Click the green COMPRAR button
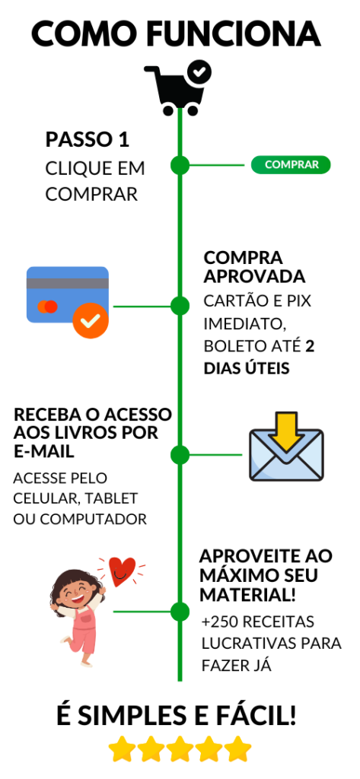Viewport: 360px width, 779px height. tap(291, 165)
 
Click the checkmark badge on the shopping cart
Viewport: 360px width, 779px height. tap(199, 72)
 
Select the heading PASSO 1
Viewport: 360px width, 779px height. tap(88, 140)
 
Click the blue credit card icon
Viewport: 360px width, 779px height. tap(68, 294)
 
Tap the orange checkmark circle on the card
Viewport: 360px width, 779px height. tap(90, 320)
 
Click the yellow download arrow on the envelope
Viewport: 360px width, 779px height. tap(286, 431)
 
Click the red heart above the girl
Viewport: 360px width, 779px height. tap(121, 571)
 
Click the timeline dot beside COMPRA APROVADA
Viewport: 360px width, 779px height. tap(180, 306)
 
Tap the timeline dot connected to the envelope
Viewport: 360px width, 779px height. tap(180, 455)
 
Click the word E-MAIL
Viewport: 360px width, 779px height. tap(44, 452)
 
